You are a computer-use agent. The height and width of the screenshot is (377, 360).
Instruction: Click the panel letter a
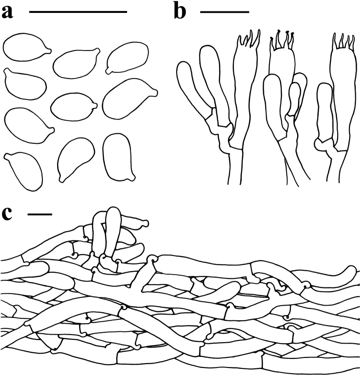click(x=7, y=12)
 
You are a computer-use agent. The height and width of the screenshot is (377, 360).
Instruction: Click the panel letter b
click(x=180, y=11)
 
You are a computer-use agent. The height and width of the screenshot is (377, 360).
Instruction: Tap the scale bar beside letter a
click(x=78, y=11)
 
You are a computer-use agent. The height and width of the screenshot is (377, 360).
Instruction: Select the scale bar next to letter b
click(x=225, y=11)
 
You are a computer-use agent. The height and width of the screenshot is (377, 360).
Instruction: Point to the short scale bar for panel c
click(x=40, y=214)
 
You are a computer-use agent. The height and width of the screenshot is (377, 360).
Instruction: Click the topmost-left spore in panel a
click(x=27, y=48)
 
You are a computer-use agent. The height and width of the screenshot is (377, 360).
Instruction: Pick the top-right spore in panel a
click(x=127, y=58)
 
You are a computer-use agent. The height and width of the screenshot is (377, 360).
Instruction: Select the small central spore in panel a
click(x=74, y=107)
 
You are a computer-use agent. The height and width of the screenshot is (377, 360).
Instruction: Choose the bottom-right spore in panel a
click(x=118, y=157)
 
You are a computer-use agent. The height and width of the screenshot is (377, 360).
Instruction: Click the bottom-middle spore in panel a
click(x=76, y=159)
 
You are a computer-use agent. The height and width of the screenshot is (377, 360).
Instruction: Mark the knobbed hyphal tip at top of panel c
click(x=144, y=223)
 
